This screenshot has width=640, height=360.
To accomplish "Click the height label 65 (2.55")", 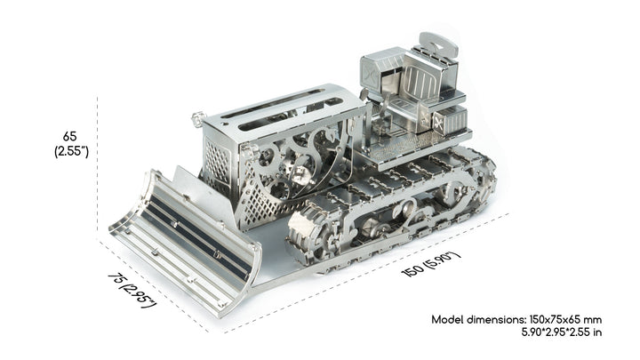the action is coord(71,144).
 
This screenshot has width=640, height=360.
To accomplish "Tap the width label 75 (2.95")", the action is coord(132,290).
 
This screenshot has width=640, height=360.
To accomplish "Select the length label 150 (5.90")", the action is coord(431,264).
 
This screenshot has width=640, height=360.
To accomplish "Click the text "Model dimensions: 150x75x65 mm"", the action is coord(516,319).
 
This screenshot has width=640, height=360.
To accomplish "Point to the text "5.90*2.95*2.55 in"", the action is coord(561,332).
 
